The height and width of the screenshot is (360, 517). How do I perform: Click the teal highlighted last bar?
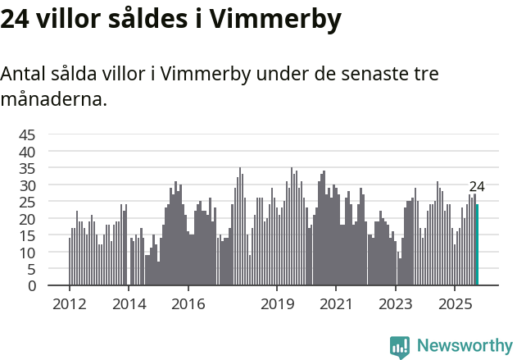477,245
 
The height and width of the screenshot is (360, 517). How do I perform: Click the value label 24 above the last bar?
477,187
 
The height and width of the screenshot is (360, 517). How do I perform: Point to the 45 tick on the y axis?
27,135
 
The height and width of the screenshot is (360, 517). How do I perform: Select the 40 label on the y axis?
27,152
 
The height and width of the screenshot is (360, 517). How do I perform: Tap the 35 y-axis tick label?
27,169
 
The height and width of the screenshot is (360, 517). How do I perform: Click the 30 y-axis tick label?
27,185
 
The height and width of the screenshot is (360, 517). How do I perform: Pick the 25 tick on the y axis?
27,203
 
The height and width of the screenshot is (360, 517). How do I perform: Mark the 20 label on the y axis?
27,219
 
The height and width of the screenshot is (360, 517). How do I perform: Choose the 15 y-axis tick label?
27,236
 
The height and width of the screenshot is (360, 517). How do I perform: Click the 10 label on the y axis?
27,253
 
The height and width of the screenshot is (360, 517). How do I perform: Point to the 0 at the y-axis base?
32,286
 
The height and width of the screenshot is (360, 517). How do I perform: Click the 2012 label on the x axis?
69,304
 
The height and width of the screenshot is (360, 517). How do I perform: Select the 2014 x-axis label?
129,304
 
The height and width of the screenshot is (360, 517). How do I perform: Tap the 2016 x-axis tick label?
188,304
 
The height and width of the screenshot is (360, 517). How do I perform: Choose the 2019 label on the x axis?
277,304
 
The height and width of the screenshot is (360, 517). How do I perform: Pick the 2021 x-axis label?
337,304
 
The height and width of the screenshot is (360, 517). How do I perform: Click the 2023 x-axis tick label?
396,304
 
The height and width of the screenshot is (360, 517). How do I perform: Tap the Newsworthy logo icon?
400,347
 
